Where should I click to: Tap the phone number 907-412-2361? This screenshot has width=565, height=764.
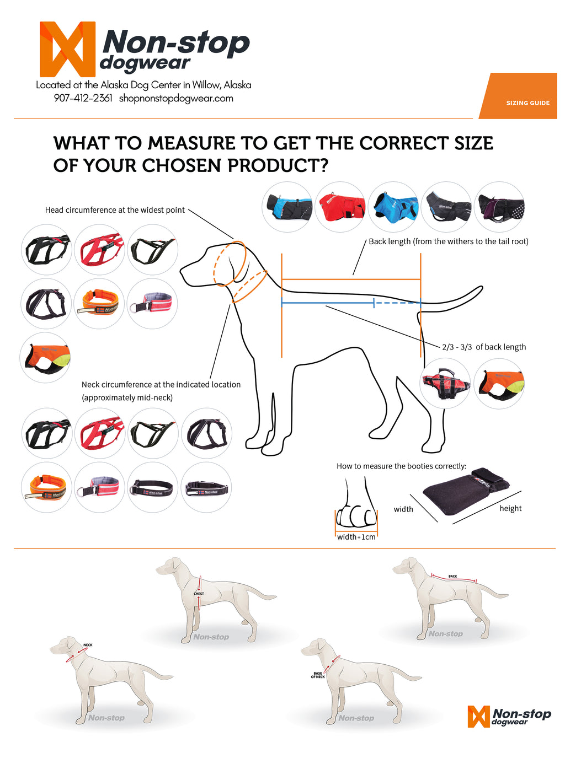pyautogui.click(x=83, y=98)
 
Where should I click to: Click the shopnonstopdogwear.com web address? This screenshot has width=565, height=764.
pyautogui.click(x=176, y=98)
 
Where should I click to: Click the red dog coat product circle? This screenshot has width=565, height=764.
pyautogui.click(x=340, y=207)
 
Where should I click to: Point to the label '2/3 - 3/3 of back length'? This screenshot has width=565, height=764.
pyautogui.click(x=484, y=347)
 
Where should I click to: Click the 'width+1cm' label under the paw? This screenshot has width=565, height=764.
pyautogui.click(x=356, y=537)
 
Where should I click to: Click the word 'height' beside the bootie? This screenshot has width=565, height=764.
pyautogui.click(x=510, y=508)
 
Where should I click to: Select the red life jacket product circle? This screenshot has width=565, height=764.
pyautogui.click(x=445, y=383)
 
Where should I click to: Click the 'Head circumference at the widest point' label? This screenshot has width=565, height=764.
pyautogui.click(x=115, y=210)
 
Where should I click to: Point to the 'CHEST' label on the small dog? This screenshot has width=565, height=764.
pyautogui.click(x=199, y=594)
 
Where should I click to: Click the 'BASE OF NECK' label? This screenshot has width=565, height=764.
pyautogui.click(x=318, y=675)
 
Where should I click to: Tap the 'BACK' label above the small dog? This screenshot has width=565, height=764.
pyautogui.click(x=452, y=576)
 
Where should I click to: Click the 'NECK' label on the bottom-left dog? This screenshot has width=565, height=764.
pyautogui.click(x=88, y=645)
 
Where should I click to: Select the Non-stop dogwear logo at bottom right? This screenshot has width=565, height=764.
pyautogui.click(x=509, y=717)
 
